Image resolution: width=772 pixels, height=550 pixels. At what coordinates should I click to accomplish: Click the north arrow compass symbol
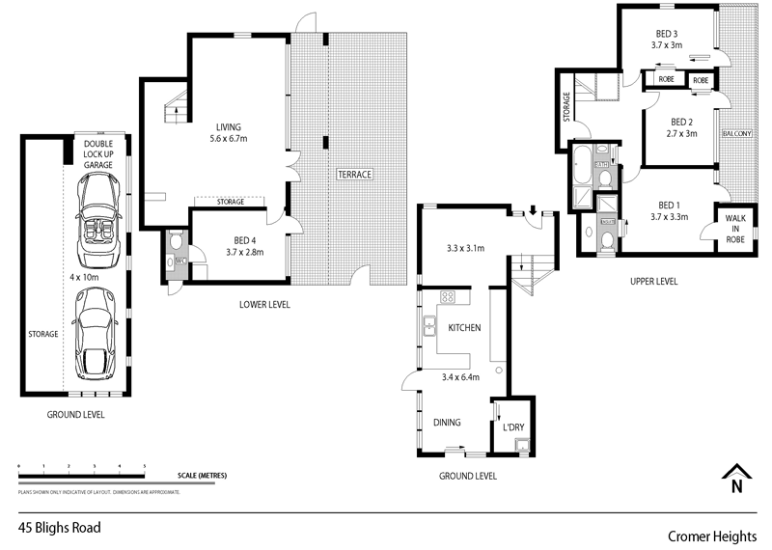point(737,476)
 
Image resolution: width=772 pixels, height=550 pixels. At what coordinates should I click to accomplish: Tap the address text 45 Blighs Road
point(60,528)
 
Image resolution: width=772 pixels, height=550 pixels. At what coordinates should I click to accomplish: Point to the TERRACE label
point(354,175)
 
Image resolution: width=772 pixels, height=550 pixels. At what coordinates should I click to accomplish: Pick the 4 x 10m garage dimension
point(84,278)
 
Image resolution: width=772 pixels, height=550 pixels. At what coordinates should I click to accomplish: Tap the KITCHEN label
point(464,328)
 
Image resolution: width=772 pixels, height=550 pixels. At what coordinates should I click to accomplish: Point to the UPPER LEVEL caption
point(653,282)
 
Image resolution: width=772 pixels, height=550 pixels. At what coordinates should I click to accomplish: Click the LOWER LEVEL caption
point(264,305)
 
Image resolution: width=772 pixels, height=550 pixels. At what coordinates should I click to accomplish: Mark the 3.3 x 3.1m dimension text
point(464,249)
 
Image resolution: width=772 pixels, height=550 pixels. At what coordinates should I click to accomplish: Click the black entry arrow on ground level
point(533,210)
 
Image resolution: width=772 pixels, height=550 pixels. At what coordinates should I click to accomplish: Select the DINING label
point(446,423)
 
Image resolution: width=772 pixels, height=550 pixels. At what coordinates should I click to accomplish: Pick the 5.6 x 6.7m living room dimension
point(229,139)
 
